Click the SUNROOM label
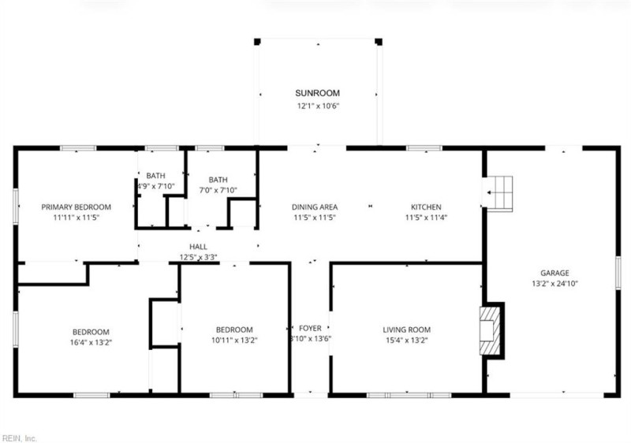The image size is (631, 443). tap(318, 93)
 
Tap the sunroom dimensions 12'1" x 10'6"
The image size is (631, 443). tap(318, 106)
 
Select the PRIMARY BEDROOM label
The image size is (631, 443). tap(77, 207)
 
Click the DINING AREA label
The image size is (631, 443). tap(315, 207)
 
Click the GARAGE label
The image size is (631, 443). tap(554, 273)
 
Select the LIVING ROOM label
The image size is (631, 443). tap(407, 329)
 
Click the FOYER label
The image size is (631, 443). tap(310, 328)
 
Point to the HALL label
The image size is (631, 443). tap(198, 247)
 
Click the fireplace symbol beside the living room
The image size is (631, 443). tap(491, 329)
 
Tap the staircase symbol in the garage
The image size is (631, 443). tap(499, 193)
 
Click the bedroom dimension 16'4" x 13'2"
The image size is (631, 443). tap(91, 343)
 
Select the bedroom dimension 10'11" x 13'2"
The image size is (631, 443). tap(235, 341)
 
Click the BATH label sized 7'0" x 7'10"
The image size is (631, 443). tap(218, 180)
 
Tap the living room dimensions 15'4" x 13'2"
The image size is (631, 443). tap(407, 341)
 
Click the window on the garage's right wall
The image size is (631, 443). tap(618, 273)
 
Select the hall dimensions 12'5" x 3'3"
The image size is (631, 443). tap(198, 257)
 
